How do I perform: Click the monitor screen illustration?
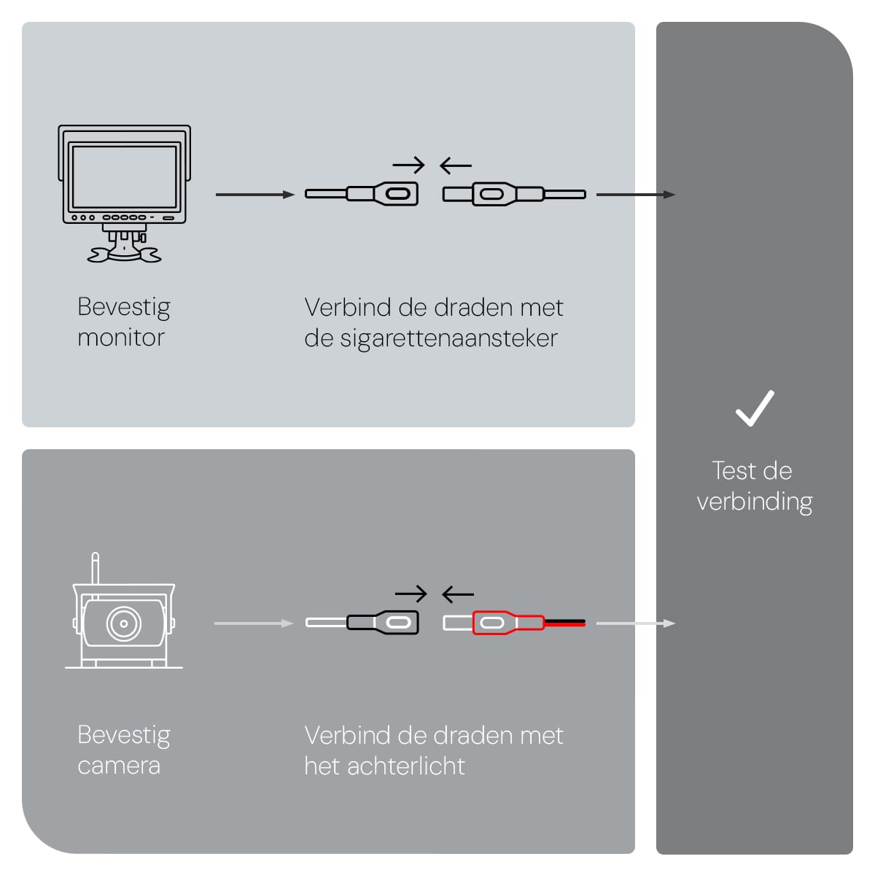point(124,176)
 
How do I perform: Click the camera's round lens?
point(124,624)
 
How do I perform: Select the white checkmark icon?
point(755,408)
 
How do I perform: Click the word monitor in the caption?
point(121,338)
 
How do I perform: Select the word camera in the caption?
point(119,766)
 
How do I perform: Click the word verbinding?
point(755,502)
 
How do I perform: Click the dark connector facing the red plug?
point(384,623)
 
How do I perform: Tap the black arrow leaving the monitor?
point(254,195)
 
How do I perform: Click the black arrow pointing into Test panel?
point(635,195)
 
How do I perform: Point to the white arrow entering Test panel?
point(635,623)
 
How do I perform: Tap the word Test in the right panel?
point(734,471)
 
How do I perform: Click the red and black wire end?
point(564,623)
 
